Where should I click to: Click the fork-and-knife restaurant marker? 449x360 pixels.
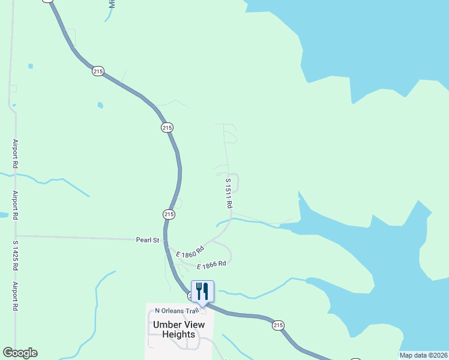pyautogui.click(x=202, y=292)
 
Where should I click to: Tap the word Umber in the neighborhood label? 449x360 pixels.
pyautogui.click(x=166, y=325)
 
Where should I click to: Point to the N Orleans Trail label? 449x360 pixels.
pyautogui.click(x=176, y=311)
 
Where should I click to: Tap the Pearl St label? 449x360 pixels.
pyautogui.click(x=147, y=240)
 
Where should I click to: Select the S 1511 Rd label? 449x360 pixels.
pyautogui.click(x=229, y=193)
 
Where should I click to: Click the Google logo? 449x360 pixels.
pyautogui.click(x=20, y=353)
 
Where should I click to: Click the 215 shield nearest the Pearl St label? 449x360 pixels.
pyautogui.click(x=169, y=214)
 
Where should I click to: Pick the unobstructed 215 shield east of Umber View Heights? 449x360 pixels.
pyautogui.click(x=277, y=325)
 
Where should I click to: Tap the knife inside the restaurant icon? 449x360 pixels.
pyautogui.click(x=206, y=292)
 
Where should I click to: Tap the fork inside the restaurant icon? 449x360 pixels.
pyautogui.click(x=199, y=292)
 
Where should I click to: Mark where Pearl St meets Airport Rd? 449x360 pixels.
pyautogui.click(x=16, y=236)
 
